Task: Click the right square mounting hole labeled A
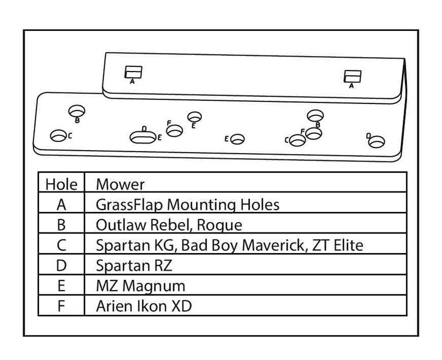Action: click(x=353, y=76)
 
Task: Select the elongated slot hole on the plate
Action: click(x=143, y=137)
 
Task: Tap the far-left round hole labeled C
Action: click(x=58, y=135)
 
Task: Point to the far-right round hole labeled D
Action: click(x=378, y=139)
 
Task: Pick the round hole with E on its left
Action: click(x=237, y=139)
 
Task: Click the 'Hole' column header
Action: click(x=61, y=184)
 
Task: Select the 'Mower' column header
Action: click(x=120, y=184)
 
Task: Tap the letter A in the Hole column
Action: click(x=61, y=204)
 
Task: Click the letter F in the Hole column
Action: click(x=61, y=306)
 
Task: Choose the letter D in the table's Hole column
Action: click(x=61, y=265)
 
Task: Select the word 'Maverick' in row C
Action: click(x=272, y=245)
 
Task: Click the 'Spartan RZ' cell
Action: click(x=134, y=265)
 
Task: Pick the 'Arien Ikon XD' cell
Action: click(x=144, y=306)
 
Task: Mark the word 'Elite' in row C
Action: click(x=345, y=245)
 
